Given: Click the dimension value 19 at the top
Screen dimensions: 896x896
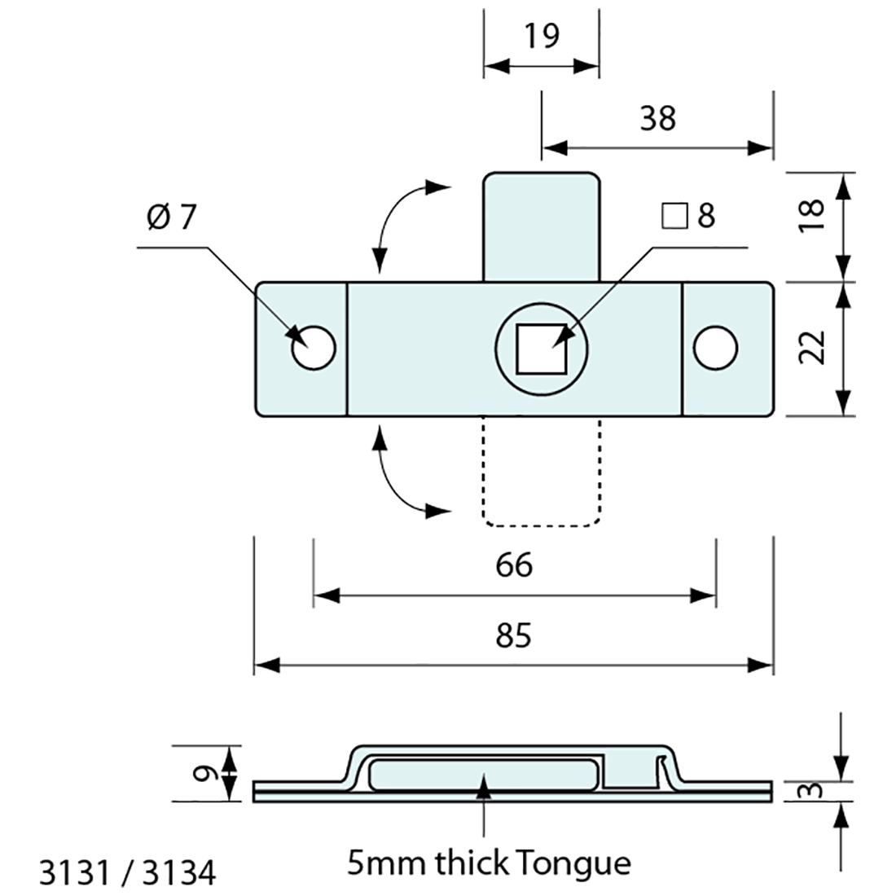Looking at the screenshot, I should coord(541,37).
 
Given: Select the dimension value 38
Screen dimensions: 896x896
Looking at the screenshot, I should coord(657,119).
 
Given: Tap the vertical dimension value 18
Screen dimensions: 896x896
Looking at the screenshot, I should coord(812,216).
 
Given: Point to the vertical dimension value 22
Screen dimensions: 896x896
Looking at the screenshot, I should coord(812,348).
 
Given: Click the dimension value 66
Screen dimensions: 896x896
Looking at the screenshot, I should coord(513,565).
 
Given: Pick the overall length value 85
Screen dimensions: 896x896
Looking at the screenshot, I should coord(513,635).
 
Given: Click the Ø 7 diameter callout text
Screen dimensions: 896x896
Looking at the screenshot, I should coord(172,217).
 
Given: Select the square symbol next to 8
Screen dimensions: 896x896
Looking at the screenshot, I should coord(673,217).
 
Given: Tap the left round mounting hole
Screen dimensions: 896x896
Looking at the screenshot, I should coord(314,349).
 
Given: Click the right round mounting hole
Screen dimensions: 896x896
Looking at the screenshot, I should coord(716,348).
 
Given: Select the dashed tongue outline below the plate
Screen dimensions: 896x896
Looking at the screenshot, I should coord(542,472).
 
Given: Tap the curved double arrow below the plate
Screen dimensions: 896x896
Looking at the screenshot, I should coord(403,477).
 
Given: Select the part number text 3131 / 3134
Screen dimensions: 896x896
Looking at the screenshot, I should coord(128,873).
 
